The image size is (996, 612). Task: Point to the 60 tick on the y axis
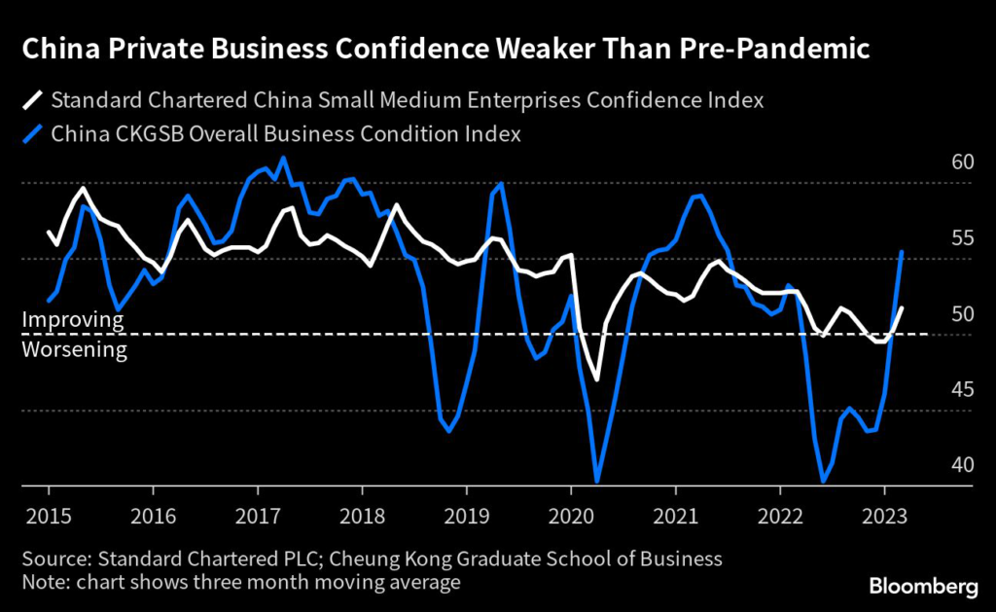coord(962,162)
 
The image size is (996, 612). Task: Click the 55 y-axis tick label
coord(962,237)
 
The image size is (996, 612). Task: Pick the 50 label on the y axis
coord(962,313)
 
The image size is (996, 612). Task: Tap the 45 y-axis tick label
coord(962,389)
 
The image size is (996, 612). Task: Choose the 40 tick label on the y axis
coord(962,465)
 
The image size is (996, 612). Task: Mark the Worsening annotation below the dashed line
coord(75,349)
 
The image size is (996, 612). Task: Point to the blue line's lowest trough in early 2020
coord(596,481)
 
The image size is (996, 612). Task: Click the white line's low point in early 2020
coord(597,379)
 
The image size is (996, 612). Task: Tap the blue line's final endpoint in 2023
coord(903,251)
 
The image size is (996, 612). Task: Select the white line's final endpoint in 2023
coord(903,307)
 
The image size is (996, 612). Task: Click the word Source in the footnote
coord(54,558)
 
